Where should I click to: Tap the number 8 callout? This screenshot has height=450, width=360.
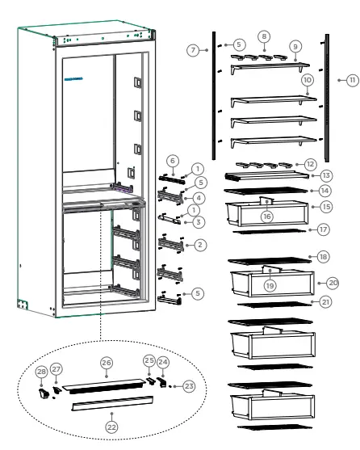263,36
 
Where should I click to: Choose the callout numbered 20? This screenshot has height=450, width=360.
331,283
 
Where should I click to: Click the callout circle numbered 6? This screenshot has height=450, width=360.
172,161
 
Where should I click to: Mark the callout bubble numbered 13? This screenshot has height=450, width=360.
325,175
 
